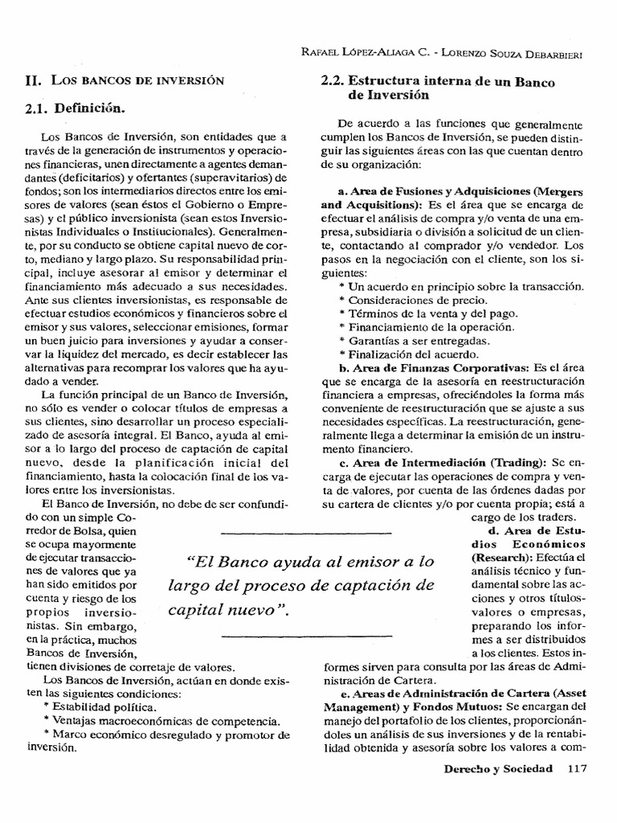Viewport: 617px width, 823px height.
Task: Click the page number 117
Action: click(578, 768)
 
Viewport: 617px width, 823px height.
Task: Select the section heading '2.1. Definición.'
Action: click(76, 107)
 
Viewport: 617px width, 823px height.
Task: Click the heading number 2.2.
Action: click(332, 81)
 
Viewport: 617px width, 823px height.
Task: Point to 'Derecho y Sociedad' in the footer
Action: click(498, 768)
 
